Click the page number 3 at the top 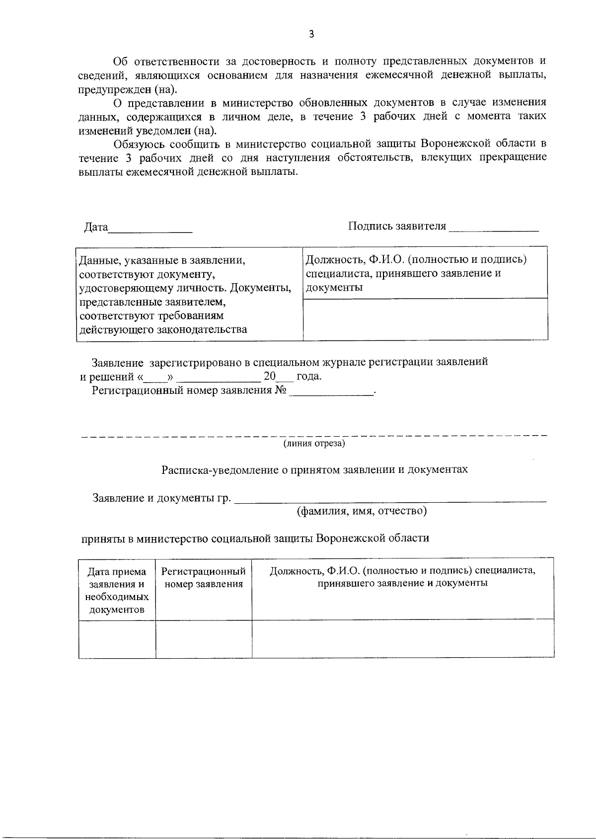pos(311,34)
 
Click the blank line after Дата pos(150,230)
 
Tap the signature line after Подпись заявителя pos(493,229)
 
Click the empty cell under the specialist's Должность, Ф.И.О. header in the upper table pos(425,319)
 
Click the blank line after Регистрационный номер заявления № pos(331,393)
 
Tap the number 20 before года pos(269,376)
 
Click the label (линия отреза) pos(314,443)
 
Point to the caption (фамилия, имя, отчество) pos(361,511)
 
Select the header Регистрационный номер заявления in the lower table pos(204,578)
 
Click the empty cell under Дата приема pos(117,639)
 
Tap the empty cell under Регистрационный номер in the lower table pos(204,639)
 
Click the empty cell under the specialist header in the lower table pos(403,639)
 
